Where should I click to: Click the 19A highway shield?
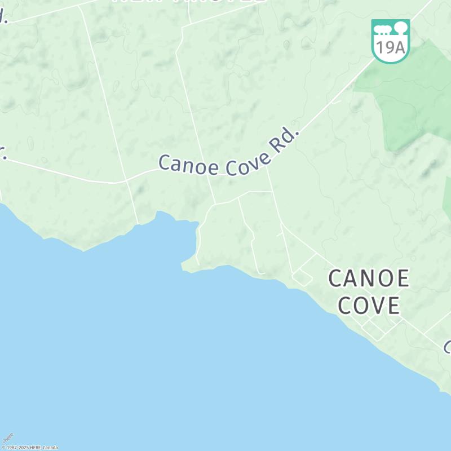point(390,41)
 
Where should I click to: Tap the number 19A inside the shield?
point(390,47)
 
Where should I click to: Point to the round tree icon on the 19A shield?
point(400,26)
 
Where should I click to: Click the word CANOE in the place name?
point(369,278)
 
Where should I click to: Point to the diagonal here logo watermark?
point(8,438)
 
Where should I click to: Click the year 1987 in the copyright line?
point(12,448)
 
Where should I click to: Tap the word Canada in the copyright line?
point(50,448)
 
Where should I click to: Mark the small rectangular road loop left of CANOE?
point(303,277)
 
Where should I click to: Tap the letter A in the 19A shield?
point(399,47)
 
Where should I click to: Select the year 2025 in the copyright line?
point(23,448)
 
